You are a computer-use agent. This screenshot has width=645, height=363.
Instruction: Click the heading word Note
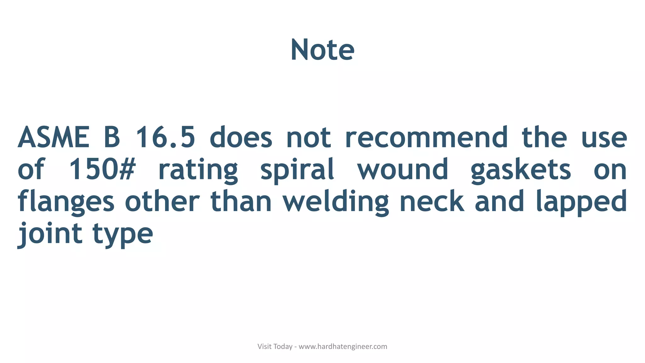[322, 50]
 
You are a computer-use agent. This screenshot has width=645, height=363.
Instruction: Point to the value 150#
[102, 169]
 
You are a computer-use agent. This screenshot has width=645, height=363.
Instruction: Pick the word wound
[402, 169]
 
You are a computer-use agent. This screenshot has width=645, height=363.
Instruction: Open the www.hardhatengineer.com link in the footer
[343, 347]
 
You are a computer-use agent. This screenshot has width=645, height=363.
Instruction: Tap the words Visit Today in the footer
[275, 347]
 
